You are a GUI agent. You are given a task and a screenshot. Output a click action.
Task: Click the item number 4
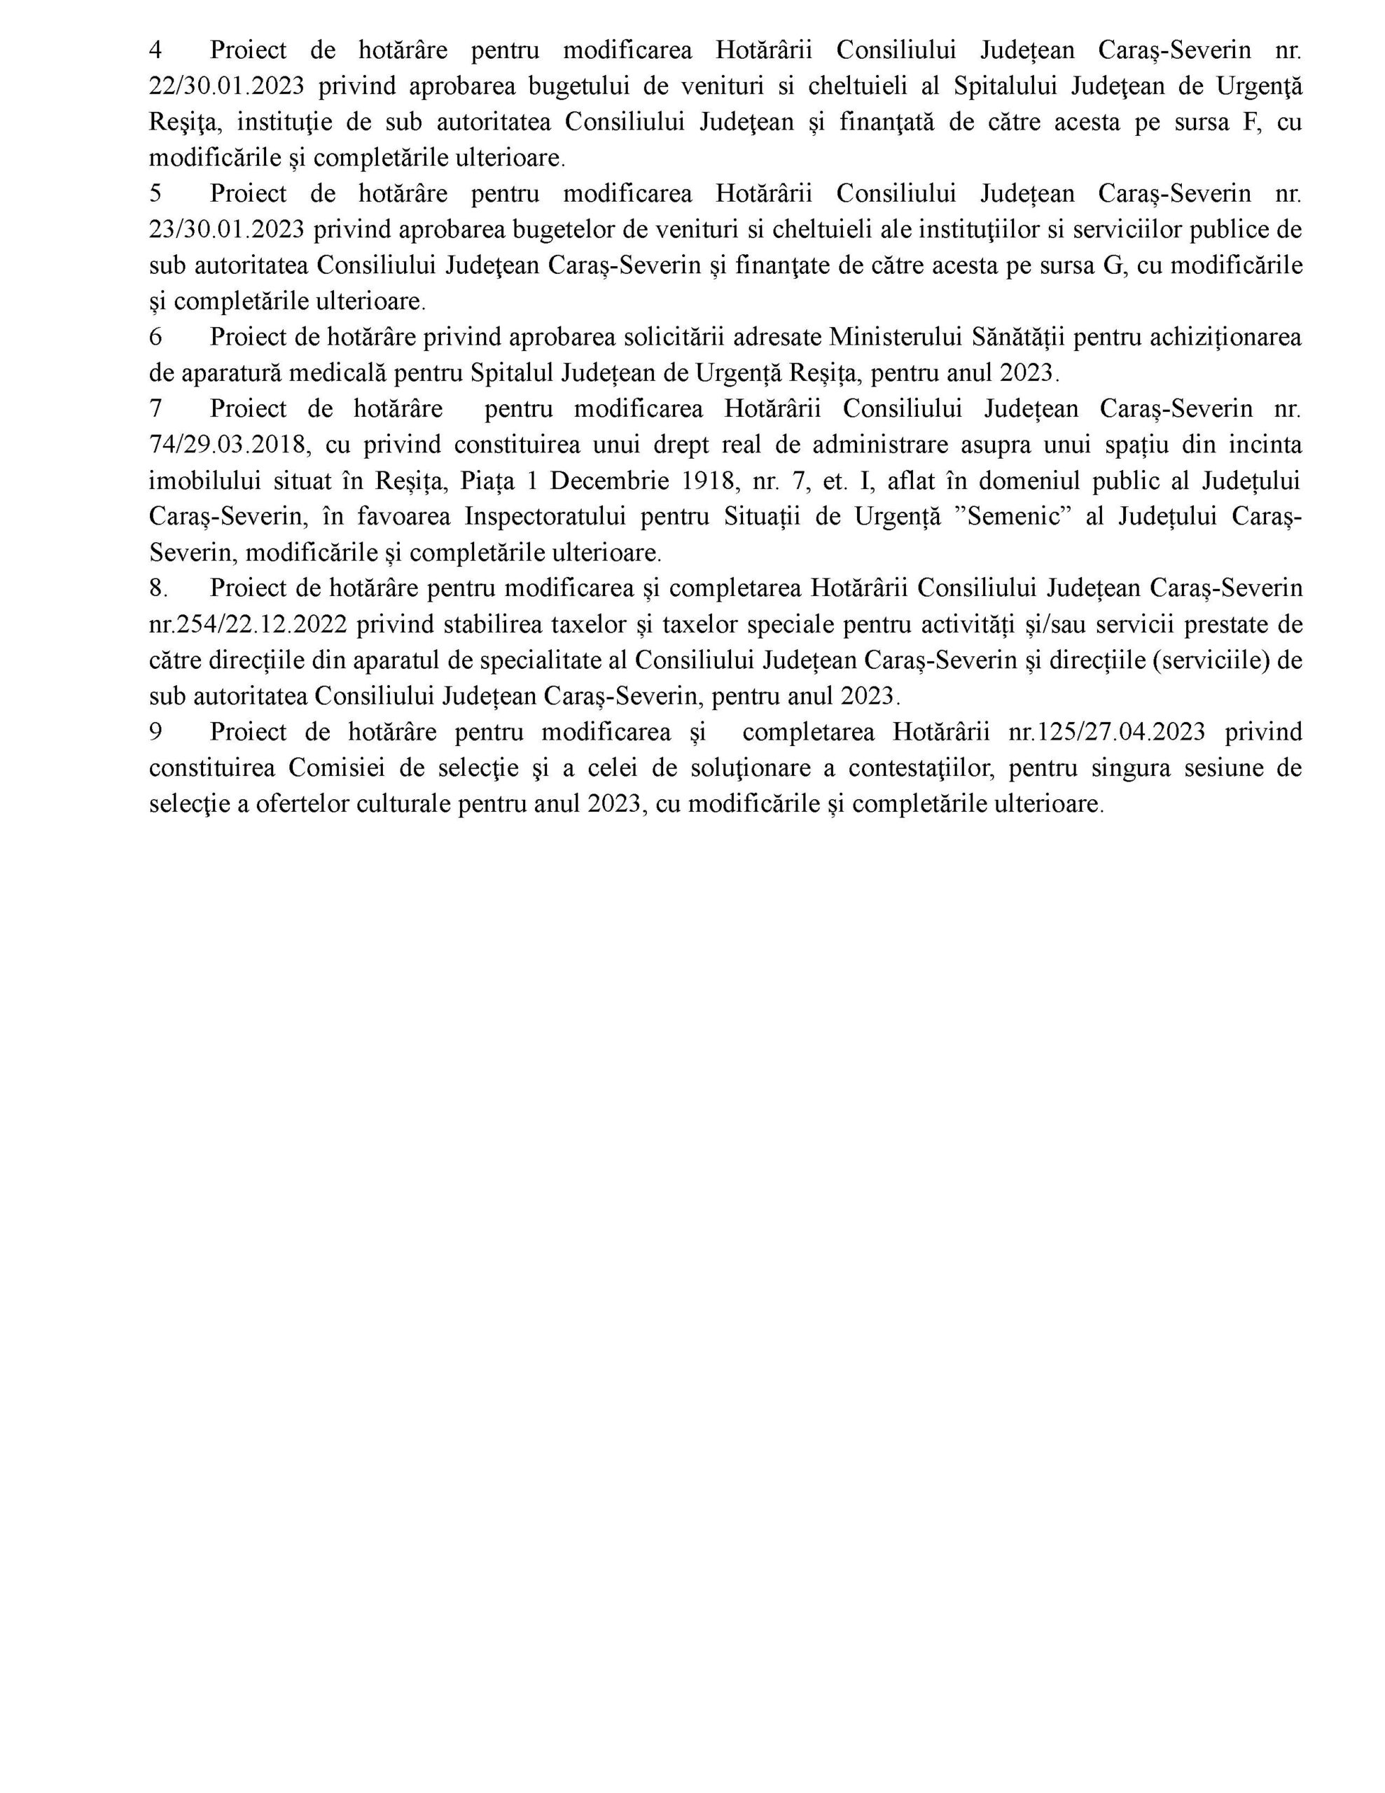pos(155,51)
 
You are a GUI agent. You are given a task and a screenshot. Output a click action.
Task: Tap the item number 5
pos(155,195)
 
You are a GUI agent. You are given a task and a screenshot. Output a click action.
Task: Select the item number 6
pos(155,338)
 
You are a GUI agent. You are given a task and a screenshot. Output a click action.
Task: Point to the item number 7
pos(155,409)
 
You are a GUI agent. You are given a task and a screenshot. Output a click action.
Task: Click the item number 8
pos(158,588)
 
